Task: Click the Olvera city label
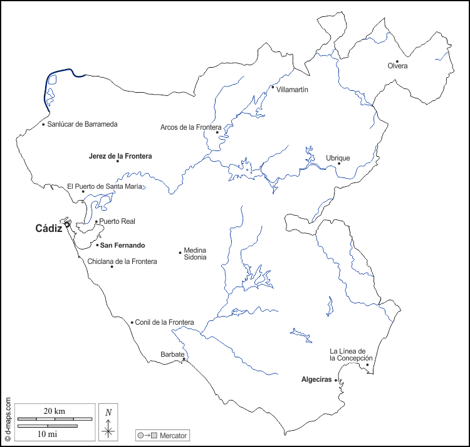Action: tap(397, 66)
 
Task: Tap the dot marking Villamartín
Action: tap(273, 87)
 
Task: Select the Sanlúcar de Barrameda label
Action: tap(82, 124)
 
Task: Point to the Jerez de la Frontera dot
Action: tap(118, 161)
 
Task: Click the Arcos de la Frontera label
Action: tap(187, 127)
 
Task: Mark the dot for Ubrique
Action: tap(339, 163)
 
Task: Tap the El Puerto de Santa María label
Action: tap(105, 186)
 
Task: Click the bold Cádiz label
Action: tap(48, 229)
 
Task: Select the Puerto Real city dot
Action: tap(96, 221)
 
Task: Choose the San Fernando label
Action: tap(123, 245)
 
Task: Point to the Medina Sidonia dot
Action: tap(180, 253)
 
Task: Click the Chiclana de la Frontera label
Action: tap(122, 261)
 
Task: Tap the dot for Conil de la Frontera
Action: tap(132, 322)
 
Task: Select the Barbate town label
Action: tap(172, 354)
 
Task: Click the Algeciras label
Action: tap(316, 380)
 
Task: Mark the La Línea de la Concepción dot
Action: tap(367, 364)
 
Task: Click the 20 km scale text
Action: tap(55, 411)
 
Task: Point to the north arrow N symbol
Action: tap(108, 412)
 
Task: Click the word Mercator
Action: tap(174, 435)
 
